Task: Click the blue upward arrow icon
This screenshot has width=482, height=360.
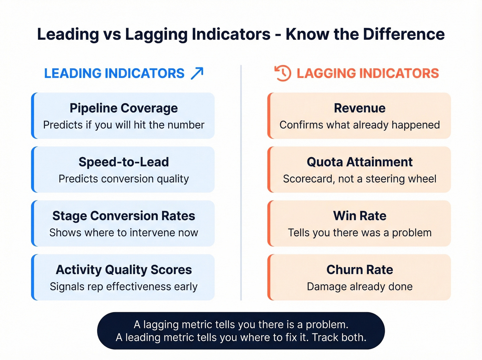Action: click(x=197, y=73)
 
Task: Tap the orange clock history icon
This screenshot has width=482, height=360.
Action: click(x=283, y=73)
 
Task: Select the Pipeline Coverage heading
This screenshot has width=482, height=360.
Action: click(x=124, y=108)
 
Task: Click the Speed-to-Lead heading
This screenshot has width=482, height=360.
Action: click(x=124, y=162)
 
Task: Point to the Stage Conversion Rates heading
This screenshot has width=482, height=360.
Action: click(x=124, y=216)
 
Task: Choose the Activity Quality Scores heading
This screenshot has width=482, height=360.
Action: click(x=124, y=270)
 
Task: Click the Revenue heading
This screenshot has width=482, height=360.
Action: click(x=359, y=108)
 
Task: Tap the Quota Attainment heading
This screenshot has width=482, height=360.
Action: click(x=359, y=162)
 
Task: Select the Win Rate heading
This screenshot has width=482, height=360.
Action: click(x=359, y=216)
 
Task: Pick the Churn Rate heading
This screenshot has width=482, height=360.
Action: click(x=359, y=270)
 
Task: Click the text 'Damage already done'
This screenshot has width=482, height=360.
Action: click(x=359, y=287)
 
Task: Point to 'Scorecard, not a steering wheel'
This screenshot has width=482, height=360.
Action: click(x=359, y=179)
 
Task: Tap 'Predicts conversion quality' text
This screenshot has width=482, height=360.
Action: click(x=124, y=179)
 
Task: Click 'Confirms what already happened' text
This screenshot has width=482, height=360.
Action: click(x=359, y=125)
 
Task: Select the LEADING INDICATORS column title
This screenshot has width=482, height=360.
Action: click(x=114, y=73)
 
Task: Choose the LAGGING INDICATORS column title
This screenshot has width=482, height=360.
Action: click(x=368, y=73)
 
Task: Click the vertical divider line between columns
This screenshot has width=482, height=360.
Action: click(x=241, y=183)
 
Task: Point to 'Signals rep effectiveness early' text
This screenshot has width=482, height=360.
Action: click(x=124, y=287)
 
